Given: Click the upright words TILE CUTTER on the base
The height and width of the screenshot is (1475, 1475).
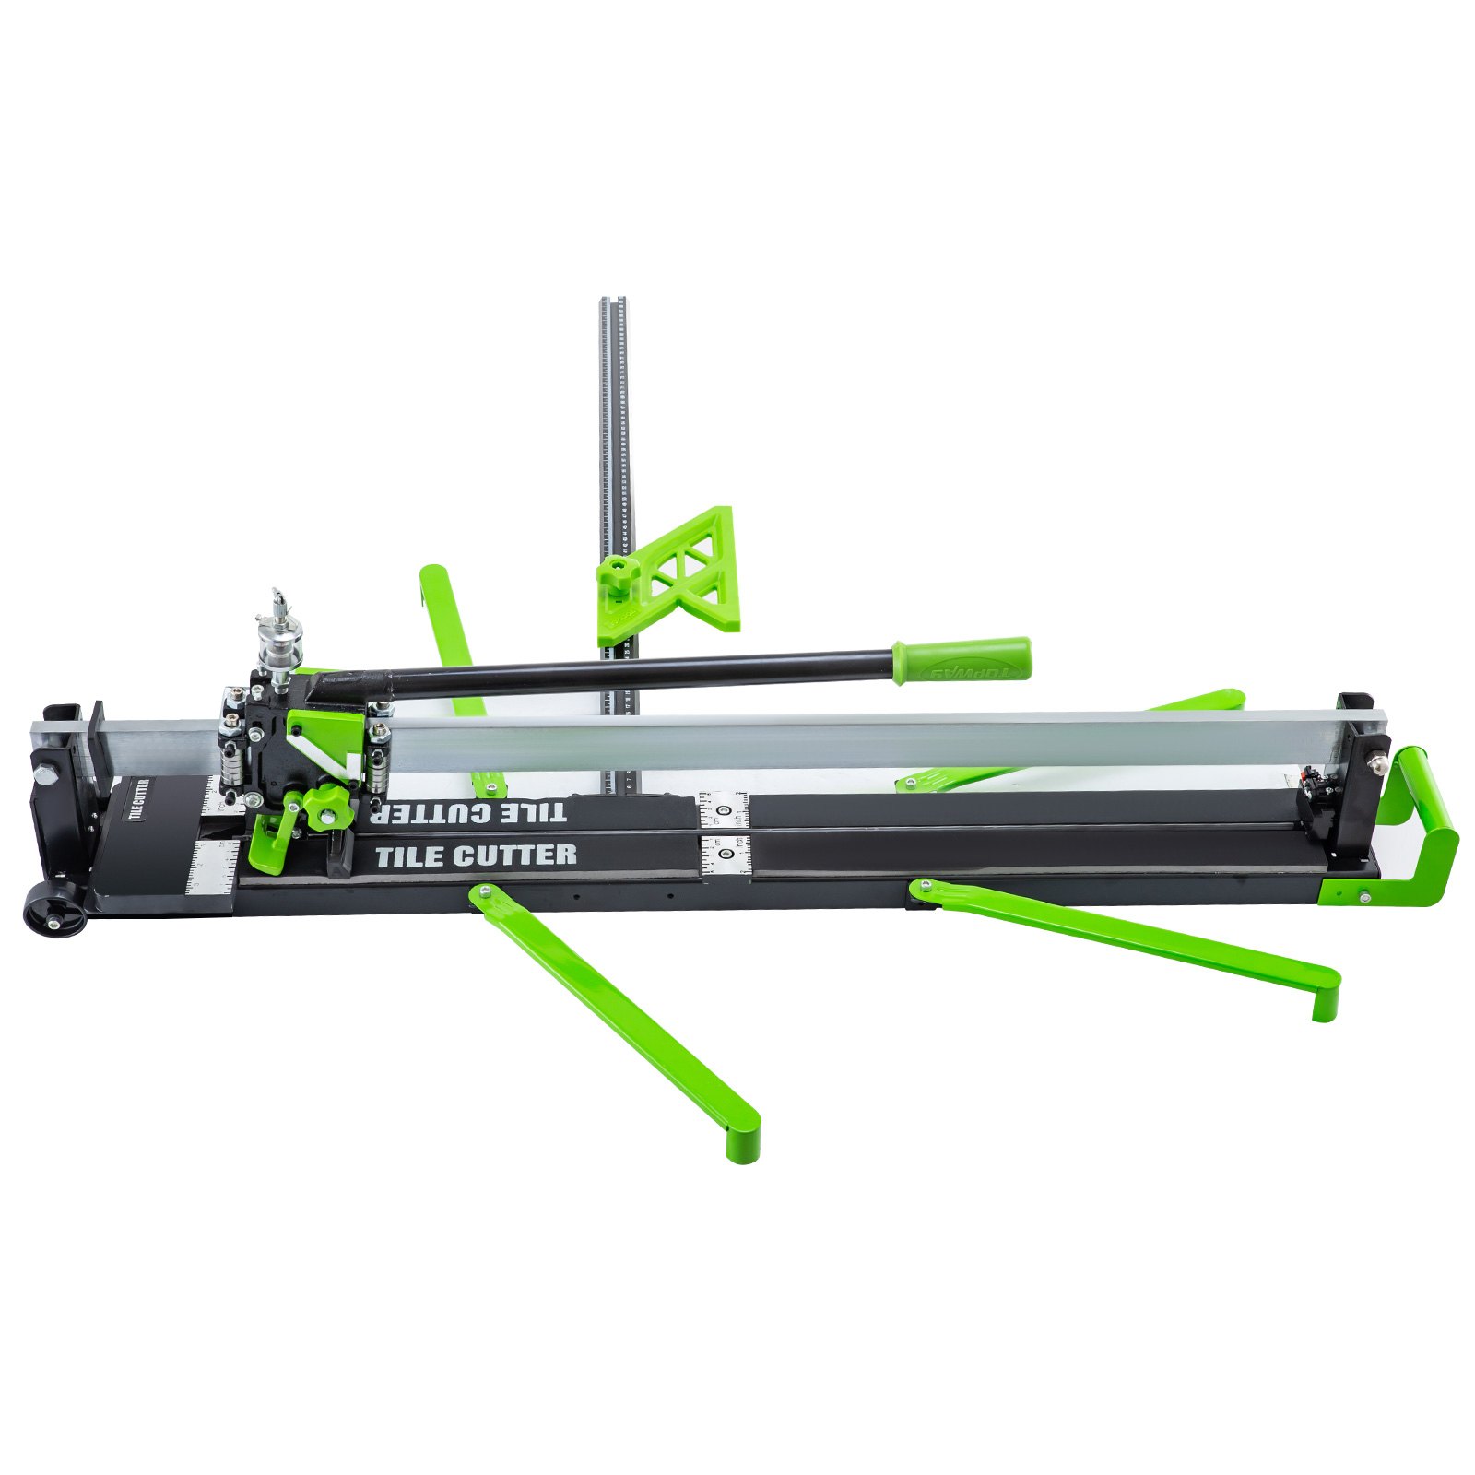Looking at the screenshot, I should point(476,855).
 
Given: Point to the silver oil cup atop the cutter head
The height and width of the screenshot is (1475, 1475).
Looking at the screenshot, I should point(274,636).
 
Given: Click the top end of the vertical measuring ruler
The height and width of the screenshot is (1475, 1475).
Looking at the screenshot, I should point(613,304).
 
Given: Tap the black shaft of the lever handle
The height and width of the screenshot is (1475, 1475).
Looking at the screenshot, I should point(645,673).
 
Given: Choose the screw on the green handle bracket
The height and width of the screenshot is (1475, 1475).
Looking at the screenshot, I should point(1361,892).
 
